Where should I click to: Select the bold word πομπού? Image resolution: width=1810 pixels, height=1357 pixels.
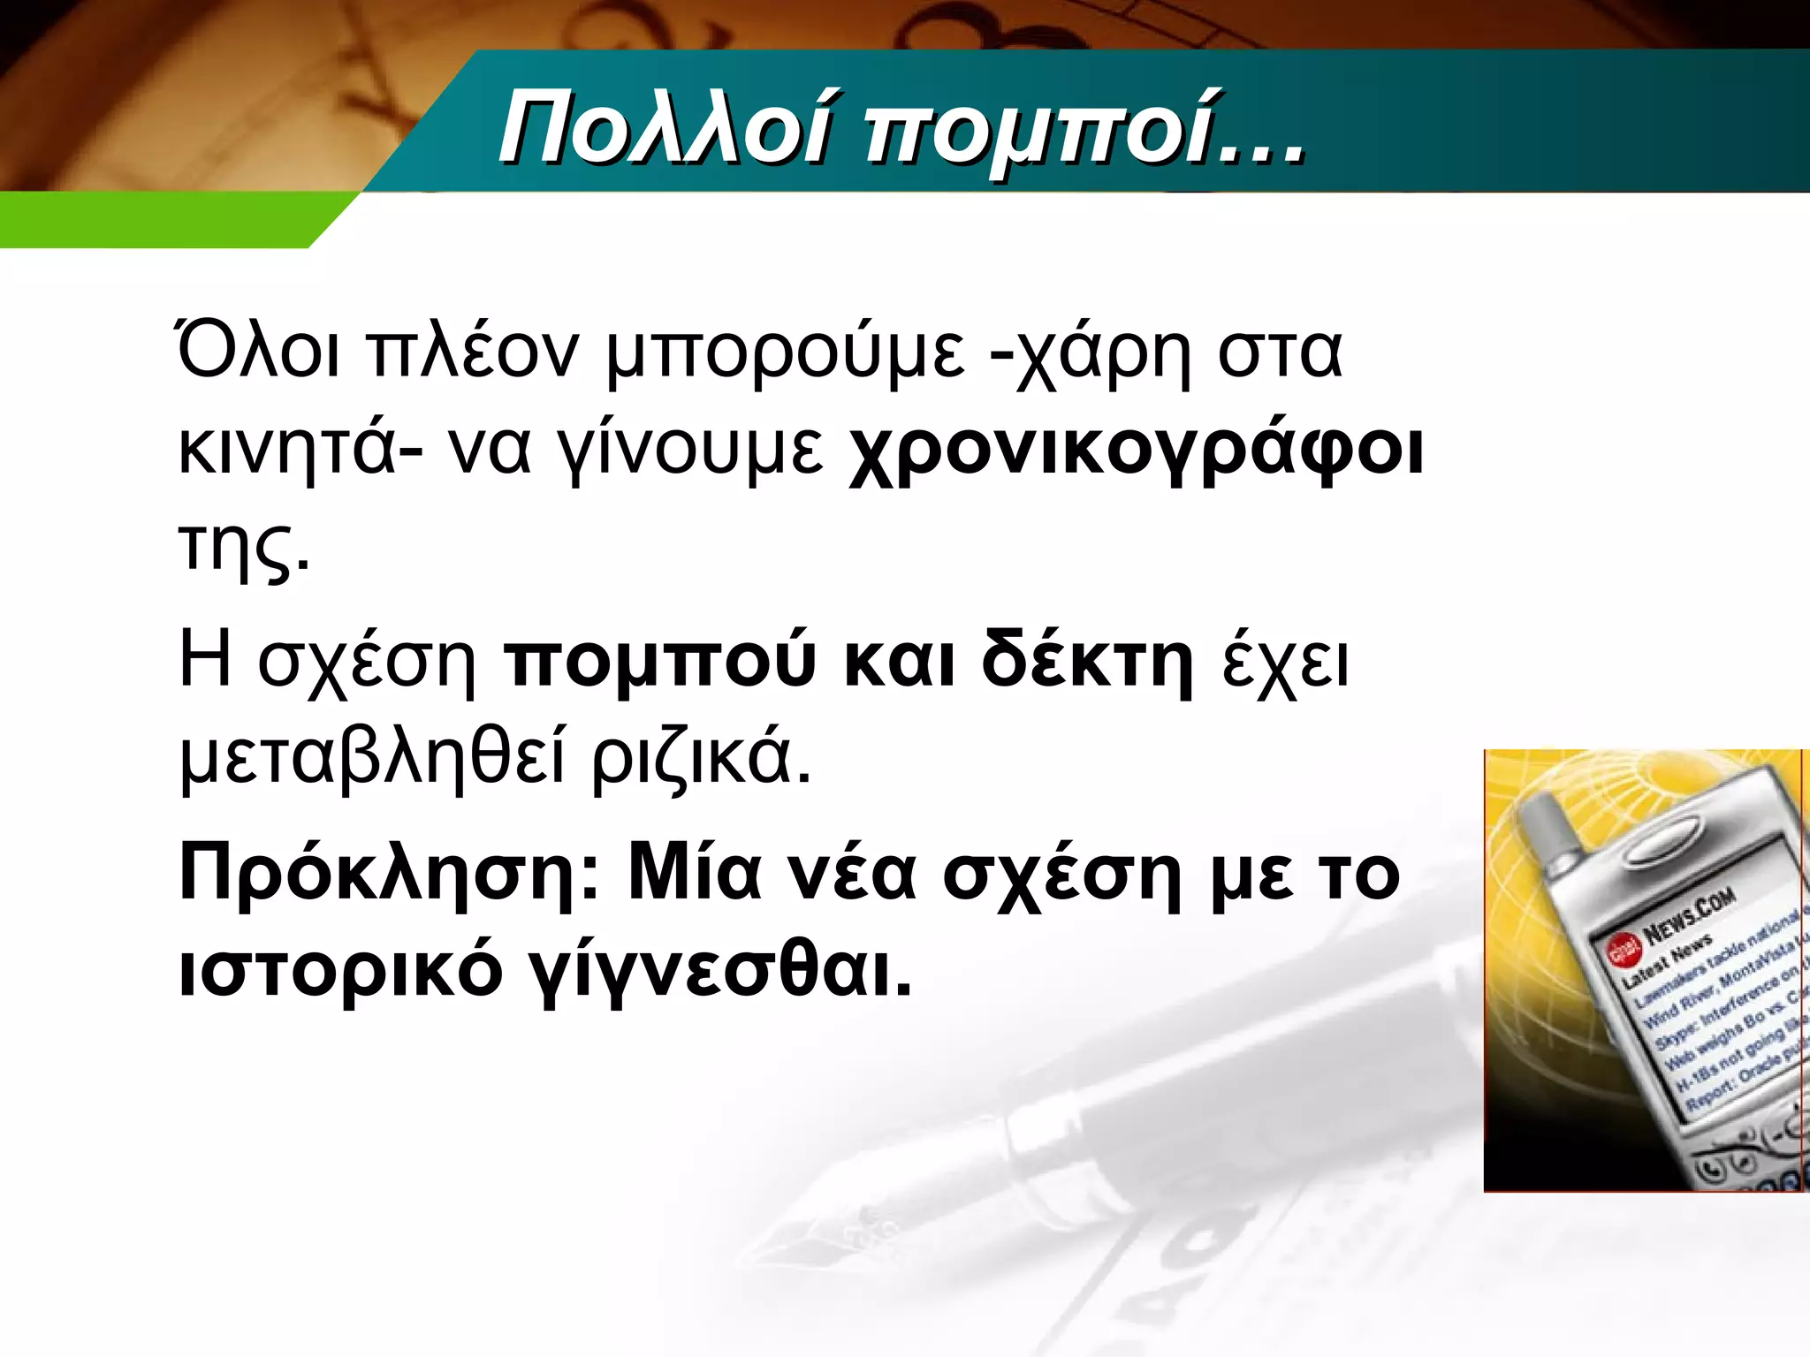click(659, 662)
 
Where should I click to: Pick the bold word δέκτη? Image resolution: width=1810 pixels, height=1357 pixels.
click(1087, 660)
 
